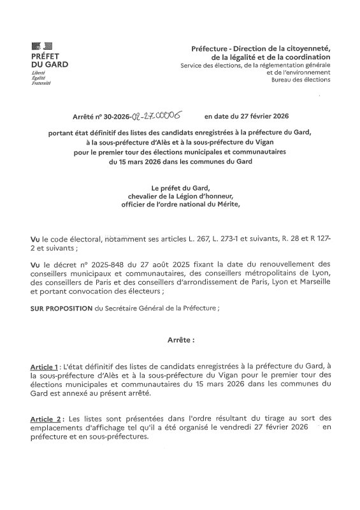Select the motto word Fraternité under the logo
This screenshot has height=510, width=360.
[x=41, y=84]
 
